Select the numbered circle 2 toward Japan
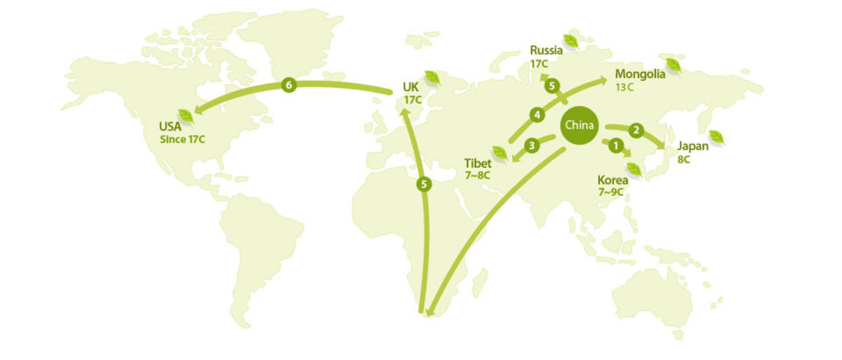point(636,129)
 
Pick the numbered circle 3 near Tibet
point(532,145)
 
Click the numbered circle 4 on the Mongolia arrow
point(537,114)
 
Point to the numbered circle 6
point(288,85)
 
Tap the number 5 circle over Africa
point(423,185)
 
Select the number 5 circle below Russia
point(552,86)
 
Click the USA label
point(170,126)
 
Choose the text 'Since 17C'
point(182,139)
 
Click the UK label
point(410,87)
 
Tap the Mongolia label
point(639,74)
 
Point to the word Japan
point(692,146)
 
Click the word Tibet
point(477,163)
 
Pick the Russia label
point(546,50)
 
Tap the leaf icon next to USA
point(186,115)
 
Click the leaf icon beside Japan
point(716,136)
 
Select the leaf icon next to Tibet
point(500,152)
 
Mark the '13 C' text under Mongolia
point(625,87)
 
